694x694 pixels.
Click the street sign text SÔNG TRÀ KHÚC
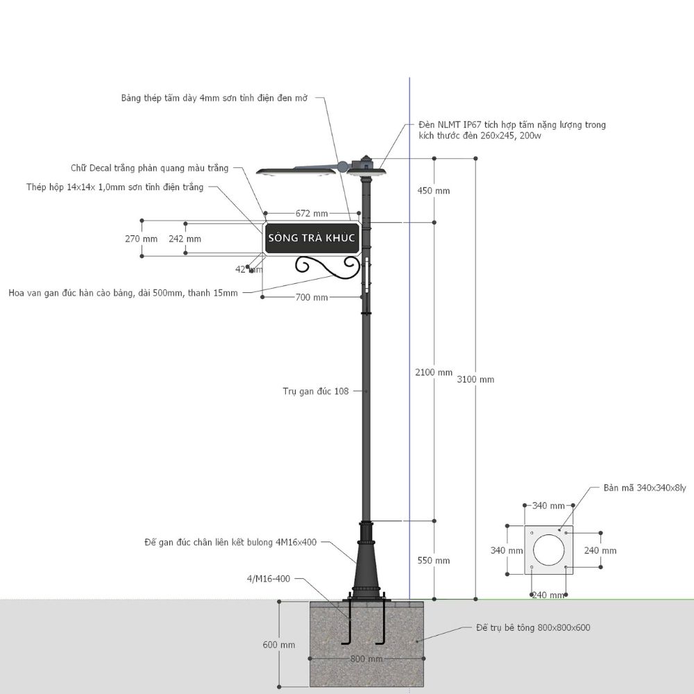click(x=312, y=238)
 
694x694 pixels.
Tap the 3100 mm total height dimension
click(x=475, y=380)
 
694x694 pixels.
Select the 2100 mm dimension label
click(x=434, y=372)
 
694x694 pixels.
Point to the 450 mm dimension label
click(x=433, y=191)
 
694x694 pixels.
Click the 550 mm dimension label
click(x=433, y=560)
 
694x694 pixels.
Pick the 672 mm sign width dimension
click(x=312, y=213)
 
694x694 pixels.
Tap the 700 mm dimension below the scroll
click(x=312, y=298)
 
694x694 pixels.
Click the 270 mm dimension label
click(x=141, y=239)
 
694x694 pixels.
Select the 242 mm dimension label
click(x=185, y=239)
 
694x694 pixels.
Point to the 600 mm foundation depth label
click(x=279, y=645)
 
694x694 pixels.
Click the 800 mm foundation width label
click(x=366, y=659)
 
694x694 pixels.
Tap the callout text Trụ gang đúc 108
click(x=316, y=391)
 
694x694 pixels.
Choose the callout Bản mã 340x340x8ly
click(x=645, y=488)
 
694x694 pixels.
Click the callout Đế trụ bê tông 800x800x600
click(x=533, y=627)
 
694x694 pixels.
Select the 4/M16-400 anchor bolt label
click(x=268, y=579)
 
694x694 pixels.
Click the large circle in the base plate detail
click(x=549, y=550)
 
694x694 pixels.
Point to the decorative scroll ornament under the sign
click(x=328, y=267)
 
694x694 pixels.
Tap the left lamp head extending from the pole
click(x=296, y=171)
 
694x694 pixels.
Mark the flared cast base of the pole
click(x=366, y=561)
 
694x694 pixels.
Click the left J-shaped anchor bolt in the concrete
click(x=347, y=623)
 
